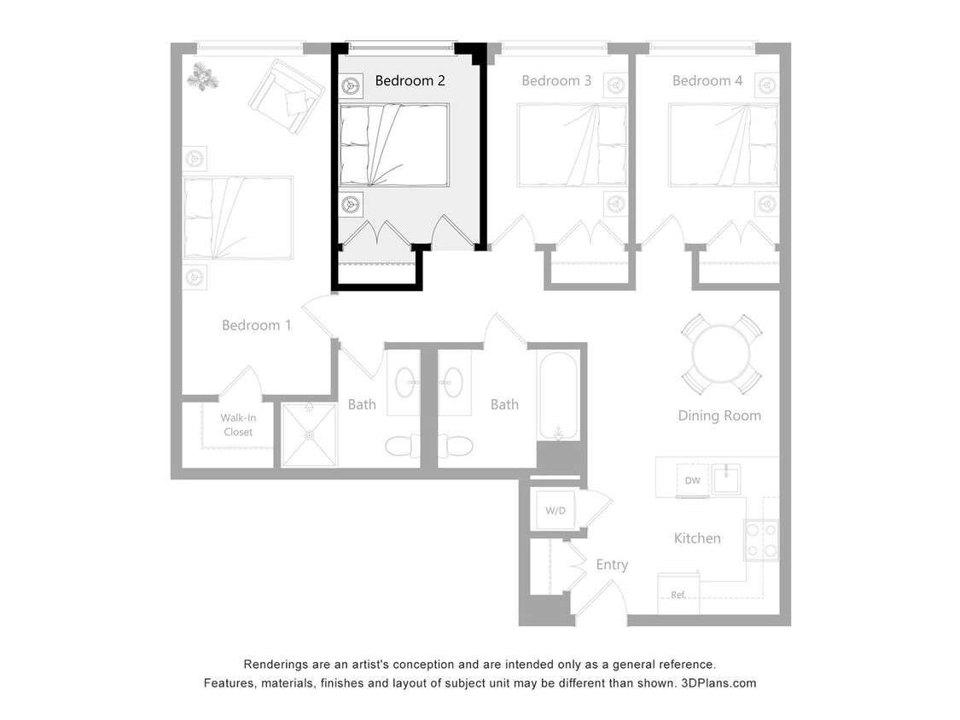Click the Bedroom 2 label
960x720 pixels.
click(x=410, y=81)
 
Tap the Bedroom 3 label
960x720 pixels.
click(x=556, y=81)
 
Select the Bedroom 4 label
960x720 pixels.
click(x=707, y=81)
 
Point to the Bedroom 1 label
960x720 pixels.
click(x=256, y=325)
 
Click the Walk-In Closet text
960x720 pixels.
click(x=237, y=425)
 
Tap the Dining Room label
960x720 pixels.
click(x=719, y=415)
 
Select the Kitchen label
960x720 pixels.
click(x=697, y=538)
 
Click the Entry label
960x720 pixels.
click(x=612, y=565)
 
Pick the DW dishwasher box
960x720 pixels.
click(x=692, y=480)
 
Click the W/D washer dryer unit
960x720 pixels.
click(x=556, y=510)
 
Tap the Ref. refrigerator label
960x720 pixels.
click(x=678, y=595)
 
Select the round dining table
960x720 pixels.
click(x=721, y=354)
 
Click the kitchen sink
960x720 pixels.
click(x=726, y=479)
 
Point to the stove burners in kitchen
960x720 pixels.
click(x=761, y=540)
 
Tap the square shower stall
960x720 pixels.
click(x=309, y=435)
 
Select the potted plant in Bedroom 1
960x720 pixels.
click(x=203, y=77)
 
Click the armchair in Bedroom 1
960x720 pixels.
click(x=287, y=96)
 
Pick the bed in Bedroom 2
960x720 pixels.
click(x=393, y=145)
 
